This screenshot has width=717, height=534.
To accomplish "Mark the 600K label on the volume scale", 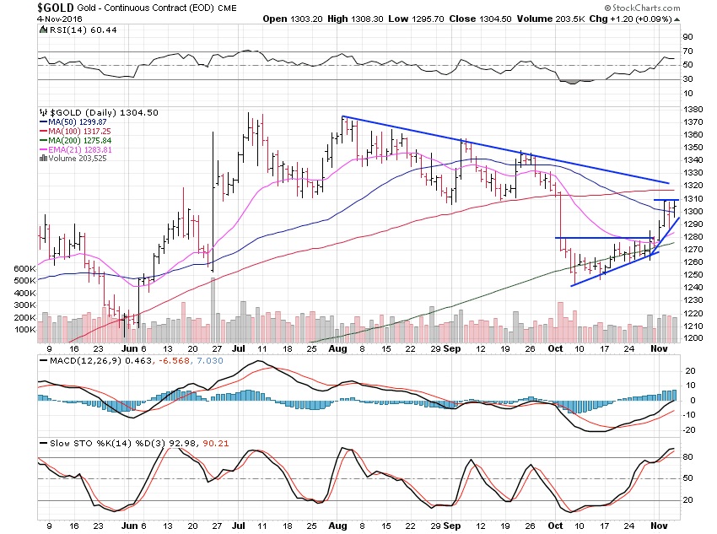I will tap(23, 268).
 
